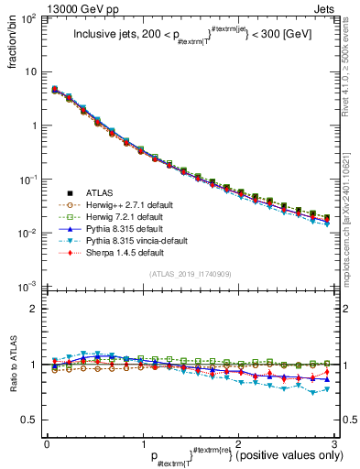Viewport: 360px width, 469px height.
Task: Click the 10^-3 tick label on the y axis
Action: pos(29,288)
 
